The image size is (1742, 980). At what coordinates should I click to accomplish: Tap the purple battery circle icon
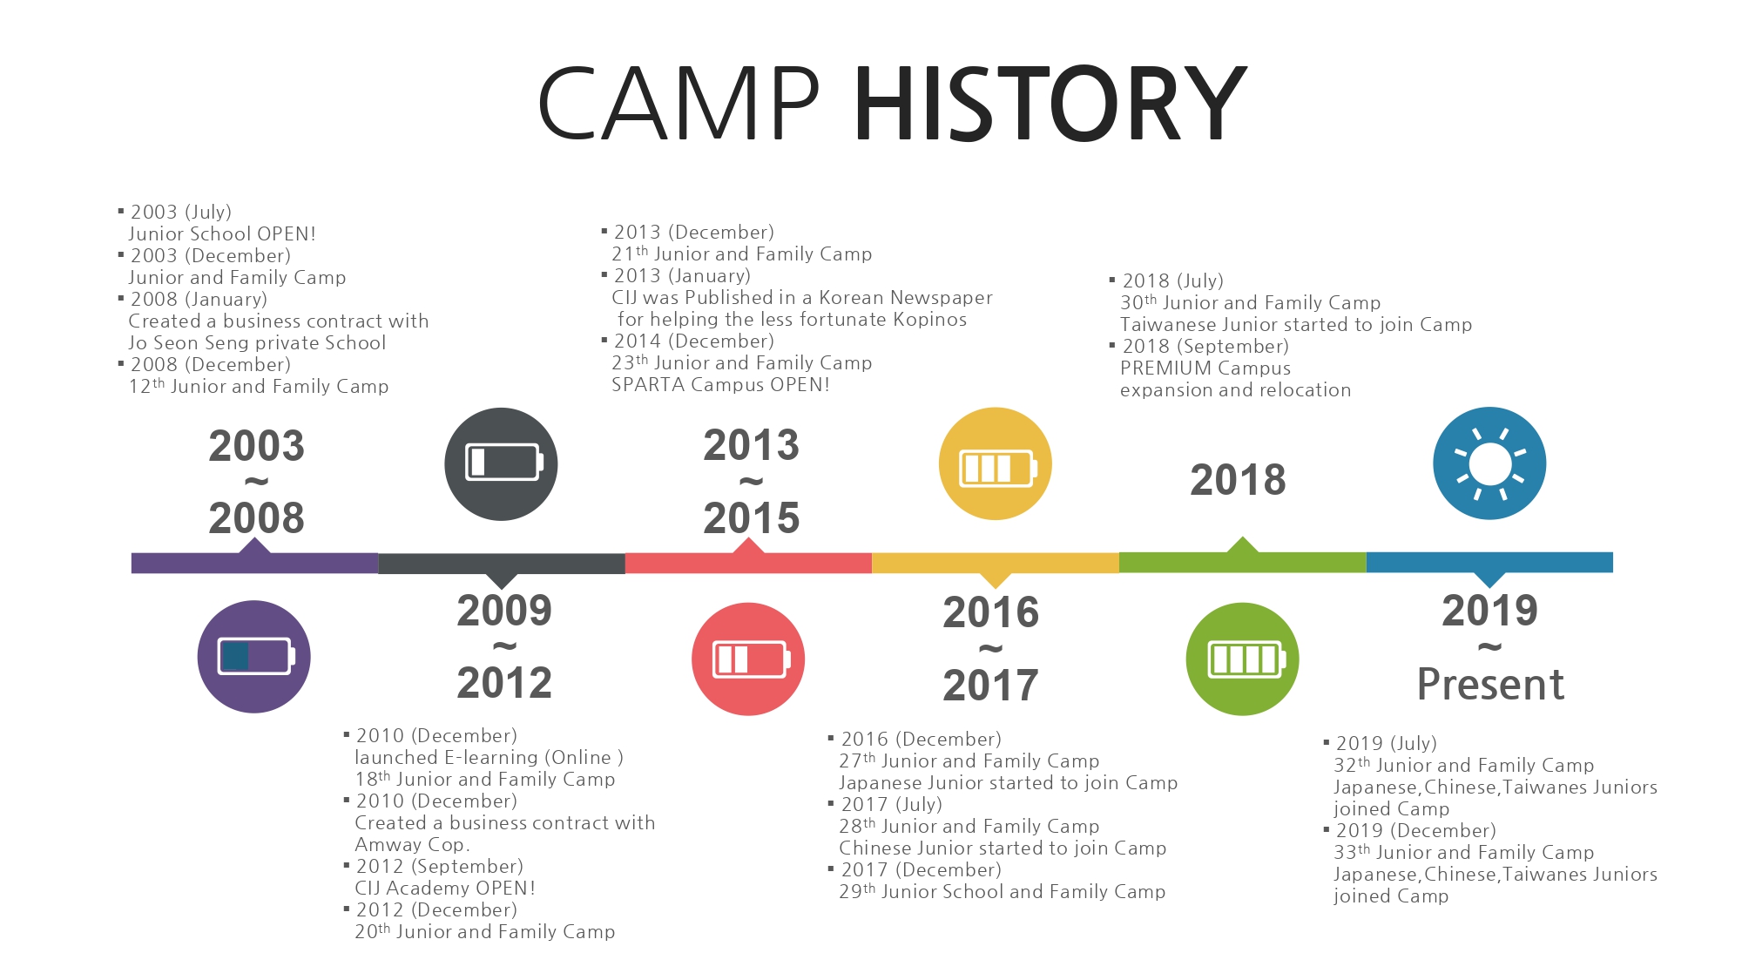(253, 657)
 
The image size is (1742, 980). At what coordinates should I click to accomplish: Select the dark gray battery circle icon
(501, 464)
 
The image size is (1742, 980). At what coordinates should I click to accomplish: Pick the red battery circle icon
(748, 659)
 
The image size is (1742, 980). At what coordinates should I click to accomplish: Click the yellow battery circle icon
(996, 463)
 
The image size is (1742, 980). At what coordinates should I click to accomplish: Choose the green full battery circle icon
(1243, 659)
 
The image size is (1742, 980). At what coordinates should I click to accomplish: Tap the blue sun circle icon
(1489, 463)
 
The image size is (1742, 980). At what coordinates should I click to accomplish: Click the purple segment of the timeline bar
(254, 563)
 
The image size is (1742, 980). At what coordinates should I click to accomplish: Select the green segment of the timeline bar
(1243, 563)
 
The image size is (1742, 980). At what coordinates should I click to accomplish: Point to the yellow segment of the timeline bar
(996, 563)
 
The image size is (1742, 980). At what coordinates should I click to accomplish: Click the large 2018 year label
(1238, 480)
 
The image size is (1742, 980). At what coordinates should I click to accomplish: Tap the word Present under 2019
(1490, 685)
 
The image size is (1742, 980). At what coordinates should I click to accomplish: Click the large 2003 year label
(256, 446)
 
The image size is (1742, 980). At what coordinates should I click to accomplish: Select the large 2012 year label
(504, 683)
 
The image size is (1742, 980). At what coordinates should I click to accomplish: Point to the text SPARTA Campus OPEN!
(720, 385)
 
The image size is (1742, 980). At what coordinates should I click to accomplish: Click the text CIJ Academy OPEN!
(444, 889)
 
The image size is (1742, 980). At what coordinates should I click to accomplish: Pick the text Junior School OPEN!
(222, 234)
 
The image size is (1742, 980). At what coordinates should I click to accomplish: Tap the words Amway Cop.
(412, 845)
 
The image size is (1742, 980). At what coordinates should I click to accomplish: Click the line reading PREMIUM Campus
(1205, 368)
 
